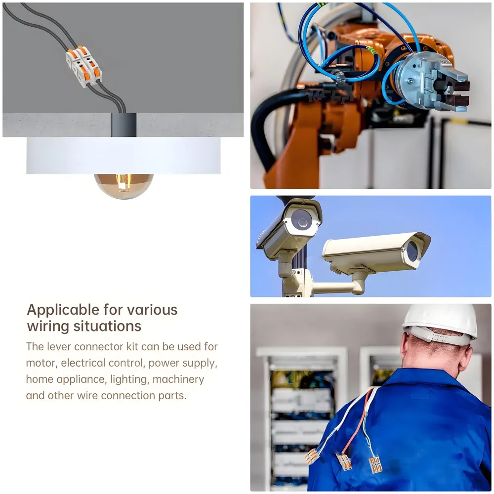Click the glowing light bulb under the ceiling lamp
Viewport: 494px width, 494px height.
124,186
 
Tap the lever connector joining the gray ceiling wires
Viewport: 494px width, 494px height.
84,66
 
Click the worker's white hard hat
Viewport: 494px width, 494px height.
441,325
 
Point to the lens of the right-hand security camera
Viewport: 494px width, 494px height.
412,251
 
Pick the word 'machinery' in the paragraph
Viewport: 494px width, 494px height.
178,379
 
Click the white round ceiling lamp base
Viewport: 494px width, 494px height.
123,156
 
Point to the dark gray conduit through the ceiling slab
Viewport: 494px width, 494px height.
123,125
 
